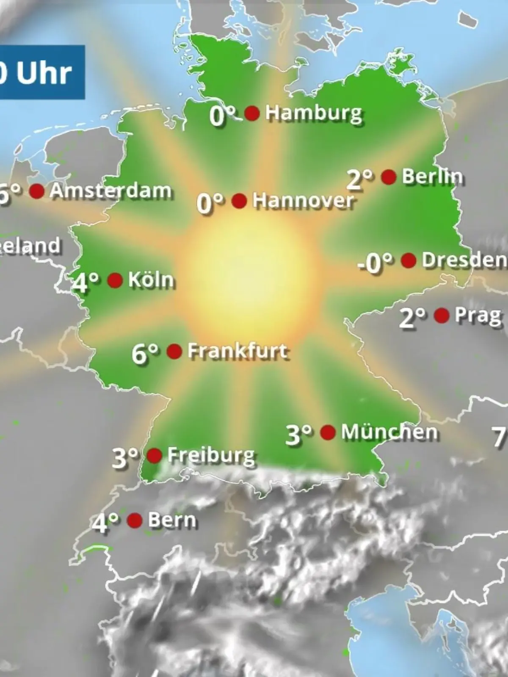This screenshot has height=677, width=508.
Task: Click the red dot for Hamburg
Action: point(252,113)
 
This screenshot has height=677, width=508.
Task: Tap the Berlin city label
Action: point(432,176)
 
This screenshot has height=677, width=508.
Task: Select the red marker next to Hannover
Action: point(239,201)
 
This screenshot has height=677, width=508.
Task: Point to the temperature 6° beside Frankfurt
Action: point(145,353)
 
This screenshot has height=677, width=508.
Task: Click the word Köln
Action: point(151,280)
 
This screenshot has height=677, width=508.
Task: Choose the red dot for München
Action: point(328,432)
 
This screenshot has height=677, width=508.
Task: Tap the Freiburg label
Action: point(211,455)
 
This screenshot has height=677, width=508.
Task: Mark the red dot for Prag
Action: point(442,315)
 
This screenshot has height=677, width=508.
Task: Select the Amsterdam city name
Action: point(110,191)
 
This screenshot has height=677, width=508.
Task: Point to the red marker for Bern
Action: point(135,520)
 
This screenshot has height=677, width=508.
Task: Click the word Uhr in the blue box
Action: point(44,73)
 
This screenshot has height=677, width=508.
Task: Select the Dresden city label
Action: point(464,260)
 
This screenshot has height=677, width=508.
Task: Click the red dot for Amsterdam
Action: point(37,191)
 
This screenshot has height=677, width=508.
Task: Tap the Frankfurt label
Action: point(237,351)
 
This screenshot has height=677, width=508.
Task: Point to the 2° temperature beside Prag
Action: point(412,317)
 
